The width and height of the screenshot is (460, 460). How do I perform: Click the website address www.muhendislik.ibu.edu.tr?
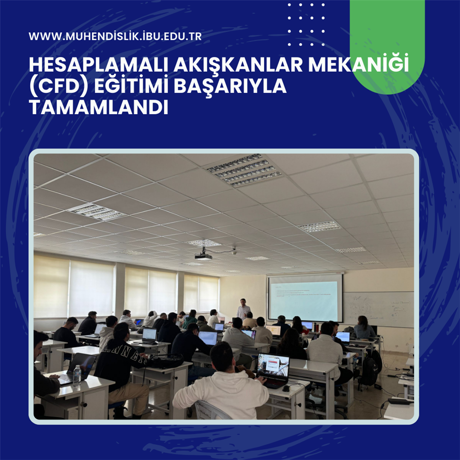115,36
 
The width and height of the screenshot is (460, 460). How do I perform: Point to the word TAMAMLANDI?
98,107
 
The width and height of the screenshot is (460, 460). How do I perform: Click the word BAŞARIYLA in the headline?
230,86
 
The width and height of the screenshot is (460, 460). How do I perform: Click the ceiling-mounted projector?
203,255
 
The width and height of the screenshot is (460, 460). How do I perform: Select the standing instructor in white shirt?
243,309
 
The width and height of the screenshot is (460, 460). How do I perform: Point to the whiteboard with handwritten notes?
378,309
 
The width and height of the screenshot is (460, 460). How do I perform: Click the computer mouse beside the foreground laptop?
286,388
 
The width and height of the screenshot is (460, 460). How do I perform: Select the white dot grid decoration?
306,25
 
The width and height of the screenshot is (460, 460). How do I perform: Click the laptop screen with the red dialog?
273,366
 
